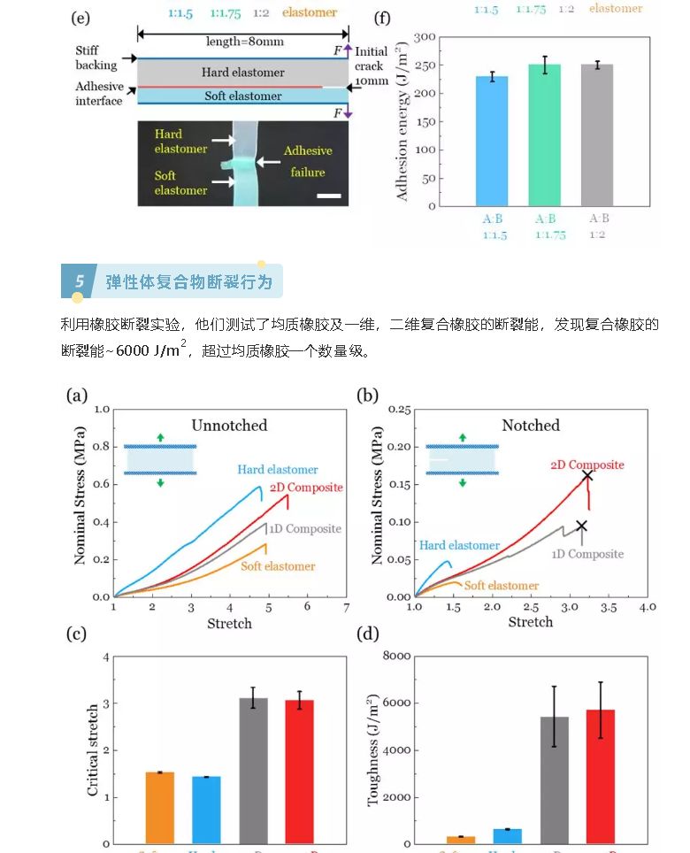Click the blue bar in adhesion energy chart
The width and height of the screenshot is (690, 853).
pyautogui.click(x=492, y=142)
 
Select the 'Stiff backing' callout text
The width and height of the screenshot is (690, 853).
pyautogui.click(x=96, y=58)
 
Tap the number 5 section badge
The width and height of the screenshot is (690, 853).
pyautogui.click(x=79, y=282)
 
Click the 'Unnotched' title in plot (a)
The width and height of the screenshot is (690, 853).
pyautogui.click(x=228, y=426)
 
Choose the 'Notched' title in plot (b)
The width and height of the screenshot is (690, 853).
pyautogui.click(x=531, y=426)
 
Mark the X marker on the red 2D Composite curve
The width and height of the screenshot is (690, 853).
pyautogui.click(x=586, y=476)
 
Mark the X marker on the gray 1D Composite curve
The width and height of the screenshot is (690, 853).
pyautogui.click(x=581, y=526)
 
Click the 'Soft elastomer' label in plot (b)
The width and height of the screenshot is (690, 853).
pyautogui.click(x=502, y=586)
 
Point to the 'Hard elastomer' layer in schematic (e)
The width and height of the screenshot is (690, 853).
pyautogui.click(x=242, y=73)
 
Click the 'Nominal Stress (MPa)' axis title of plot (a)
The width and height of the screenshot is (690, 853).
pyautogui.click(x=80, y=496)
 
